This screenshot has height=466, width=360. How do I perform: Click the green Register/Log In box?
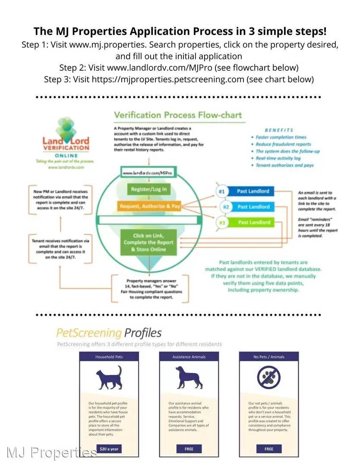coord(149,189)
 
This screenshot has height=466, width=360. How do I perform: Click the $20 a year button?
coord(109,449)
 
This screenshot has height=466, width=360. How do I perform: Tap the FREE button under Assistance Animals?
coord(189,449)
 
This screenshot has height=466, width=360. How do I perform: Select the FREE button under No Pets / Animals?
coord(269,449)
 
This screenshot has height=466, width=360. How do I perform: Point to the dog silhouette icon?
coord(189,377)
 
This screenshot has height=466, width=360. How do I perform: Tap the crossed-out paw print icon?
coord(269,377)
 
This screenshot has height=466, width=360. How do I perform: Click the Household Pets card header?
coord(109,357)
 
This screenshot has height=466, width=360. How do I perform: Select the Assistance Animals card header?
coord(189,357)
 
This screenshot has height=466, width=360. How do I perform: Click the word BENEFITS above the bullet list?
coord(278,130)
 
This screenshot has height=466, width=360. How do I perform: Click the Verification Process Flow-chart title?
coord(177,115)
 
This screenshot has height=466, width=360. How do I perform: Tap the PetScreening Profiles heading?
coord(109,333)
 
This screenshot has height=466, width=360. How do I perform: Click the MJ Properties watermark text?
coord(52,452)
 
